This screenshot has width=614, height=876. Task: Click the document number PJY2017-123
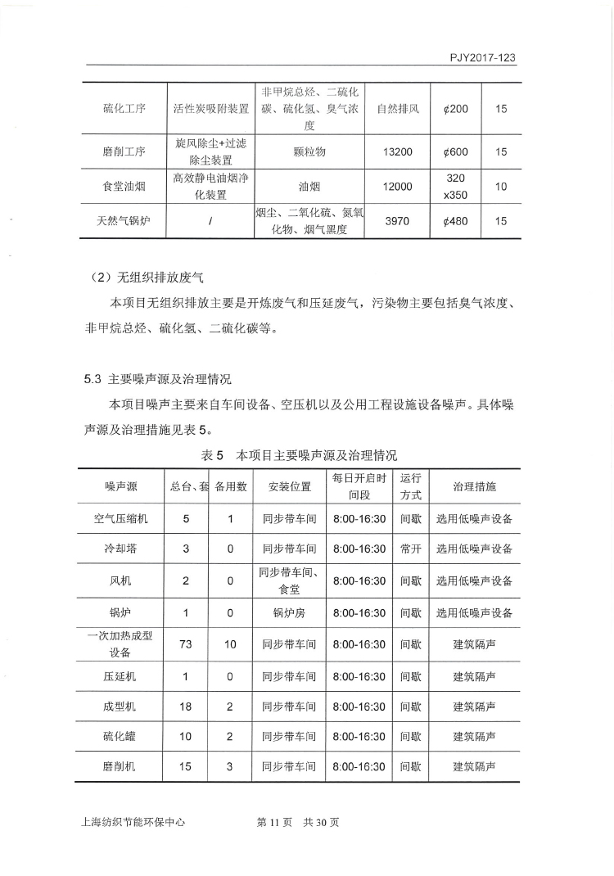coord(482,58)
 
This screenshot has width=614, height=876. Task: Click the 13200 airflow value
coord(398,151)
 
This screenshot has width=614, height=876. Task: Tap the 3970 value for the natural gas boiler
coord(398,221)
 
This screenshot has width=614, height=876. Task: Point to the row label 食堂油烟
coord(124,187)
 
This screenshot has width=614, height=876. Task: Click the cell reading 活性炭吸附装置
coord(210,109)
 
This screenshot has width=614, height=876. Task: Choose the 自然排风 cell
coord(398,109)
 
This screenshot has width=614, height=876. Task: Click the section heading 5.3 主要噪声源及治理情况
coord(158,379)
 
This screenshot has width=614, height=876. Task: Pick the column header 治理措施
coord(474,486)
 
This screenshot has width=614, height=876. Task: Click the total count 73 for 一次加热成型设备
coord(186,644)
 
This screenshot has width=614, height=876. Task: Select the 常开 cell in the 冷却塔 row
coord(411,549)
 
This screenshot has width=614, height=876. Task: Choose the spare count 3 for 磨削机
coord(230,767)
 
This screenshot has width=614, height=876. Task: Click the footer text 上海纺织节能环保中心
coord(129,822)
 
